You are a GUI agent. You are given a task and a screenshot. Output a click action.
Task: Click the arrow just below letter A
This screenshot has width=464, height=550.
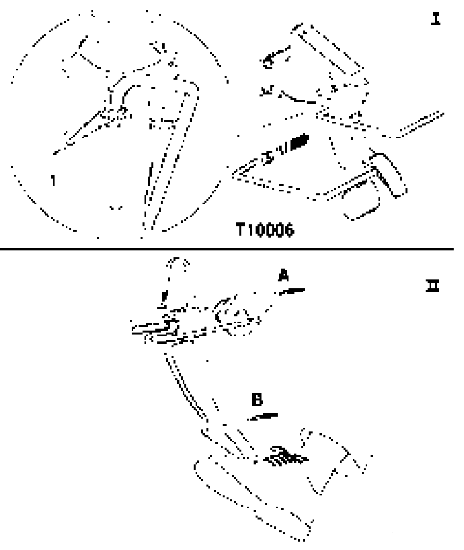(x=292, y=292)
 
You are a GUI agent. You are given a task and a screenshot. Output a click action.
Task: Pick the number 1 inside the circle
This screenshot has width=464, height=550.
(x=53, y=181)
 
